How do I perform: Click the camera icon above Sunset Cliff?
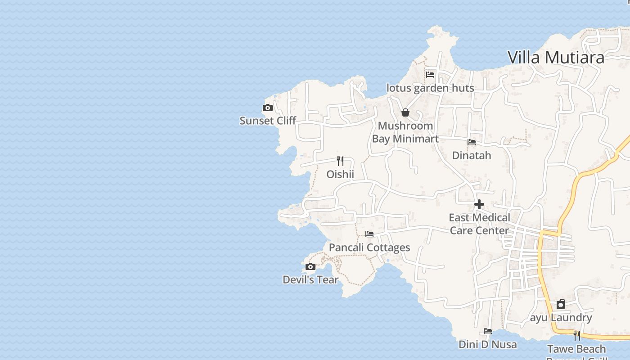[x=268, y=108]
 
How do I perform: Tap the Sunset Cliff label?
[x=268, y=121]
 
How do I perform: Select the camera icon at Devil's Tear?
[x=310, y=267]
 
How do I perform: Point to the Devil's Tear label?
[x=310, y=279]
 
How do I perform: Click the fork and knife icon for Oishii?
[x=341, y=161]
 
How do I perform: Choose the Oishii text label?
[x=341, y=174]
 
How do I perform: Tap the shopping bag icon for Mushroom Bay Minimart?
[x=405, y=112]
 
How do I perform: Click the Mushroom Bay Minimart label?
[x=405, y=132]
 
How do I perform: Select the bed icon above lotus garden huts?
[x=430, y=75]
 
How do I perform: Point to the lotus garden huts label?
[x=430, y=88]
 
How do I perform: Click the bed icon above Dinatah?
[x=472, y=142]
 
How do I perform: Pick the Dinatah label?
[x=472, y=155]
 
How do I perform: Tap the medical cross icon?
[x=479, y=205]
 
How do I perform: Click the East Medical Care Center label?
[x=479, y=224]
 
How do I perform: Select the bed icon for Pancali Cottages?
[x=369, y=234]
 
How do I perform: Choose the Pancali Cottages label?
[x=369, y=247]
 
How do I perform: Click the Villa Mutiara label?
[x=556, y=58]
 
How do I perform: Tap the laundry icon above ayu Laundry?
[x=561, y=305]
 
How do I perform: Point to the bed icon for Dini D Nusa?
[x=488, y=331]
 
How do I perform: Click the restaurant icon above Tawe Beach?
[x=576, y=336]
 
